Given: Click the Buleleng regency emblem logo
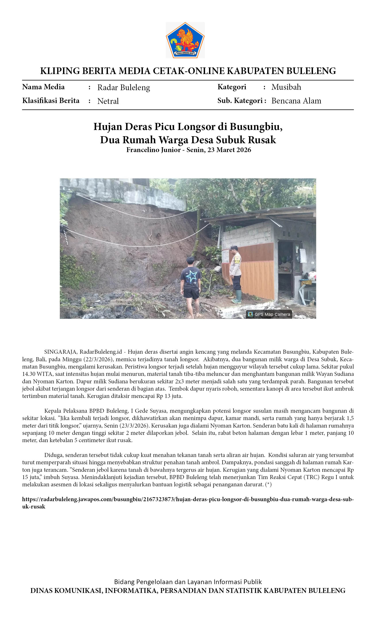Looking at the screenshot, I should (x=185, y=40).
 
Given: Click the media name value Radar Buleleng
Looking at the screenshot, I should (x=123, y=87).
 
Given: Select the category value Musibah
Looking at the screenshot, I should (x=286, y=87).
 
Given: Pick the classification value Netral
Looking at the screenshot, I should (x=108, y=101).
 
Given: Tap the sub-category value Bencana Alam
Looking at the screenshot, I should (x=296, y=101).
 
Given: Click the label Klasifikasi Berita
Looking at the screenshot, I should (x=51, y=101).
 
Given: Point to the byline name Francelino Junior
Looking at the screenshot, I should (x=153, y=150).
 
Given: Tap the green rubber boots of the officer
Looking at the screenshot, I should (x=237, y=296).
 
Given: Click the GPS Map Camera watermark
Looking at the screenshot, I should (x=269, y=314).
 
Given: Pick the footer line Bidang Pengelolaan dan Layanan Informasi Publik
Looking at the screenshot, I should (x=188, y=582).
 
